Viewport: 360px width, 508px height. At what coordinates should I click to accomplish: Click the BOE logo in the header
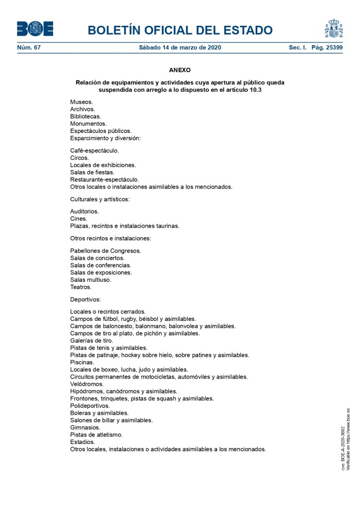(x=35, y=29)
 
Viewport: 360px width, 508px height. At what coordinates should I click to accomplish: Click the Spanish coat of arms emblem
(x=334, y=29)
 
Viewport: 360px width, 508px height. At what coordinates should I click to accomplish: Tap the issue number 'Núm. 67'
(x=29, y=48)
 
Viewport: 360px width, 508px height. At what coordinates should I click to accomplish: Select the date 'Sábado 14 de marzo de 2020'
(x=180, y=48)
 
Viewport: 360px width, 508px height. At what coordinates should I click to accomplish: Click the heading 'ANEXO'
(x=180, y=70)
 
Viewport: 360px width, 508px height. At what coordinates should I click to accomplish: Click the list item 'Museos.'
(x=81, y=102)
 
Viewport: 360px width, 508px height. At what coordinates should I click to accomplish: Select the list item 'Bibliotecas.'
(x=85, y=116)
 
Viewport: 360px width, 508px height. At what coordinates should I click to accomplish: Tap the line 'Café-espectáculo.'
(x=94, y=150)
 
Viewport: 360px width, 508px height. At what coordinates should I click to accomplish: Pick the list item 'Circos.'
(x=79, y=158)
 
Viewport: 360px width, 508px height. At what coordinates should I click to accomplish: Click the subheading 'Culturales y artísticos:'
(x=100, y=199)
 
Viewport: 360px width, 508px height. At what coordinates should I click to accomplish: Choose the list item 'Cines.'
(x=78, y=218)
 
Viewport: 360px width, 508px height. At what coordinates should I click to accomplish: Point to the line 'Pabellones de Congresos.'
(x=106, y=251)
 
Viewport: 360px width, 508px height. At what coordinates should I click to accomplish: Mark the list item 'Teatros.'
(x=81, y=287)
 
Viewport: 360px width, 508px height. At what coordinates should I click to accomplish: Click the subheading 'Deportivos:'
(x=85, y=299)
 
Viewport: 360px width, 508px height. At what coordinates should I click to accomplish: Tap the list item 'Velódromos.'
(x=87, y=384)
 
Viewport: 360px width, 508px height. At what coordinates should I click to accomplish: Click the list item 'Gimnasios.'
(x=85, y=427)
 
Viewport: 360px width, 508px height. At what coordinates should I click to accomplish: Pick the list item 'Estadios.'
(x=82, y=442)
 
